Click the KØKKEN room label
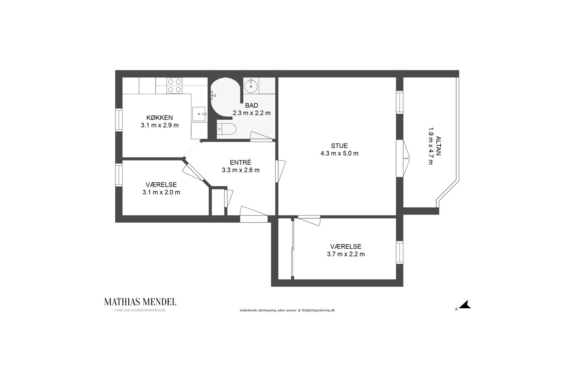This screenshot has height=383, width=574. click(x=159, y=117)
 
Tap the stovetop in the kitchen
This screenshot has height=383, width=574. click(x=174, y=86)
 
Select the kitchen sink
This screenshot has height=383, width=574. click(x=199, y=114)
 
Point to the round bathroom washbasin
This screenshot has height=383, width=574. click(x=251, y=86)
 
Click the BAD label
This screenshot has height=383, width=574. click(x=252, y=105)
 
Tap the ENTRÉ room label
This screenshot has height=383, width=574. click(x=241, y=162)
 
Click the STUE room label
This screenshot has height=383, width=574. click(x=339, y=146)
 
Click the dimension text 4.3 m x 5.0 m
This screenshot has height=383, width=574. click(x=339, y=154)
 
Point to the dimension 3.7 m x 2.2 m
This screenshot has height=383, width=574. click(x=346, y=254)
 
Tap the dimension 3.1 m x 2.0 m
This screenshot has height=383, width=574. click(x=161, y=192)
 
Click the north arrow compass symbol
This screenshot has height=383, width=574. click(x=465, y=305)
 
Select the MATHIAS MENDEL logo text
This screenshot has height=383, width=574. click(x=140, y=302)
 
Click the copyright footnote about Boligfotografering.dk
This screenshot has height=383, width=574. click(x=287, y=310)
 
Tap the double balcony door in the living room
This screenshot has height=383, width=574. click(x=402, y=158)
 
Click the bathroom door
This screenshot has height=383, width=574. click(x=261, y=137)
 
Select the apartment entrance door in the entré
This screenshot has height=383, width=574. click(x=254, y=214)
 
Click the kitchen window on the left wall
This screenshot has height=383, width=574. click(x=119, y=120)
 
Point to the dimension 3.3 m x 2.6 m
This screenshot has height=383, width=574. click(x=241, y=170)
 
